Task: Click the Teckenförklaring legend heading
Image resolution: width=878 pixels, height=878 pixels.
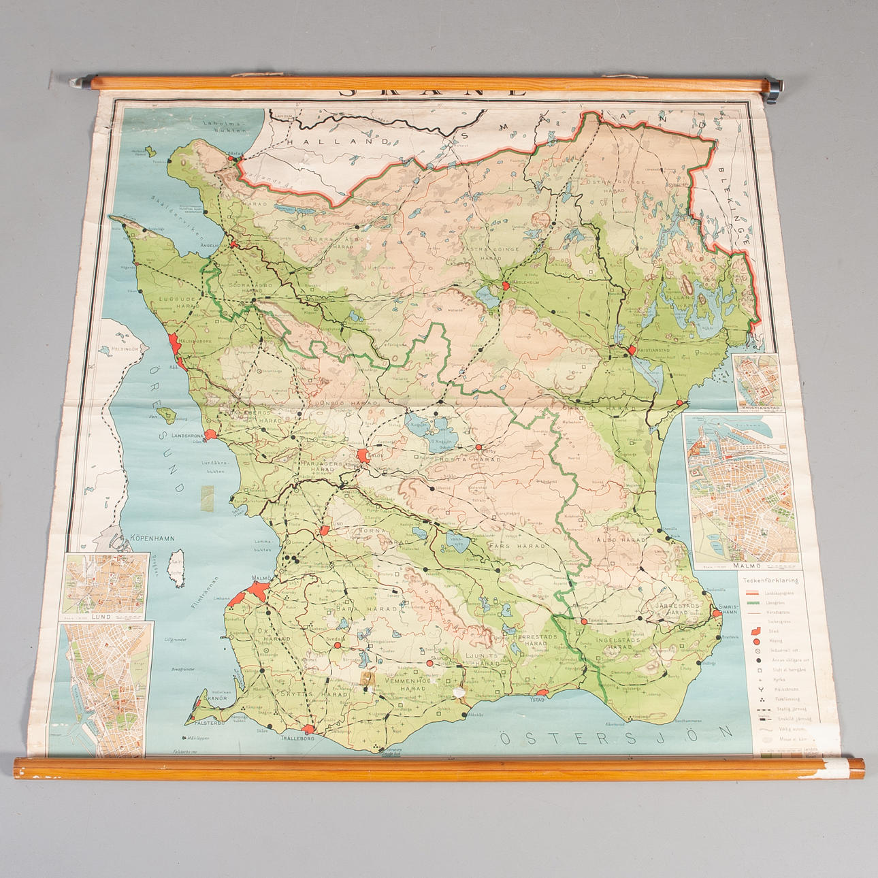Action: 770,581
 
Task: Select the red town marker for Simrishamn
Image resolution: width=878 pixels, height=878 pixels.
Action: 717,614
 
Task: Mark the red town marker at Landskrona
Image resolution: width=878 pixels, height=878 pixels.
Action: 211,434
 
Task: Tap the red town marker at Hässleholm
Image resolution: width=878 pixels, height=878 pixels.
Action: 506,287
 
